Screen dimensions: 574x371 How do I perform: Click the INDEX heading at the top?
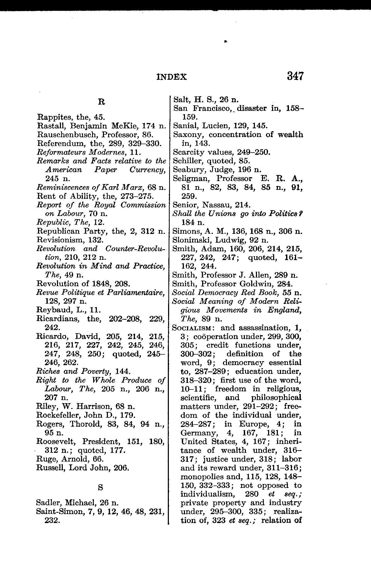172,77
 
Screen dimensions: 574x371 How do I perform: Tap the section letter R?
101,102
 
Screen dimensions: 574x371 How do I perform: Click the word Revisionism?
56,240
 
